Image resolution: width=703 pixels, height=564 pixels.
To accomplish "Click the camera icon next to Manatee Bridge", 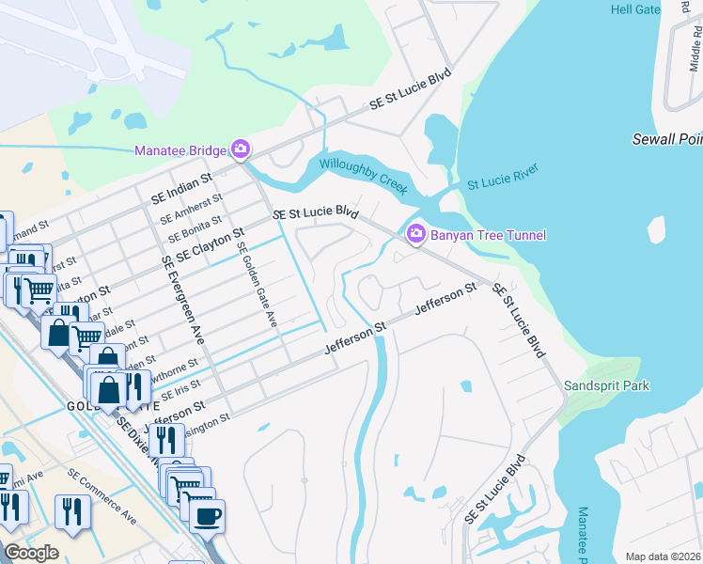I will (x=241, y=149).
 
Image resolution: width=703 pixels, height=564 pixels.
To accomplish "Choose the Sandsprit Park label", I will (x=606, y=385).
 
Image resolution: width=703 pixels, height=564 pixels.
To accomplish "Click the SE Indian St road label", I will (x=182, y=186).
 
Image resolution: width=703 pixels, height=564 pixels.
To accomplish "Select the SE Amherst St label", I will (x=191, y=206).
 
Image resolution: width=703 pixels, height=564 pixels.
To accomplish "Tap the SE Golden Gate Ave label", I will (x=258, y=285).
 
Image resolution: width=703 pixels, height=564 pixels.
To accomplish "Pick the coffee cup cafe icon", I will (x=207, y=515).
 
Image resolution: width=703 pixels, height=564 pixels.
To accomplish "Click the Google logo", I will (x=31, y=553).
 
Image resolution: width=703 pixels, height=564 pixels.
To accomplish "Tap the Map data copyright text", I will (x=663, y=556).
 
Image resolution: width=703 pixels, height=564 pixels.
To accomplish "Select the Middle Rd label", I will (x=695, y=62).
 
